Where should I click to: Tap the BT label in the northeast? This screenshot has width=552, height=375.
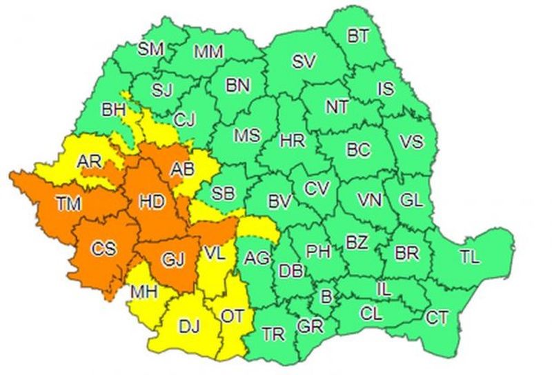[x=358, y=37]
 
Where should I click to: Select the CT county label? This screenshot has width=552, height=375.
[x=436, y=318]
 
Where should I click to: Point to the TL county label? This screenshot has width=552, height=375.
[x=470, y=258]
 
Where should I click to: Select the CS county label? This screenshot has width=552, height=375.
[x=103, y=248]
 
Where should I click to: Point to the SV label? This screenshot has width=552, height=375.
[x=304, y=61]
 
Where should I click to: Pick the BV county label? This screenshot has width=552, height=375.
[x=279, y=203]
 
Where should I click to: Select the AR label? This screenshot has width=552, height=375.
[x=90, y=161]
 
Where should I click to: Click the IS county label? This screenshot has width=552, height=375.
[x=386, y=88]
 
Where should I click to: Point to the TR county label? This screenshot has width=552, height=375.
[x=274, y=336]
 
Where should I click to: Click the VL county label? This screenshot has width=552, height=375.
[x=215, y=253]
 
